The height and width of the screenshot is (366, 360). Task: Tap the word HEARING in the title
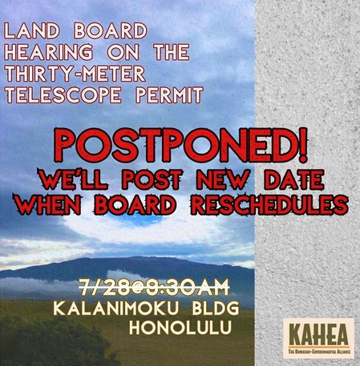45,54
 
